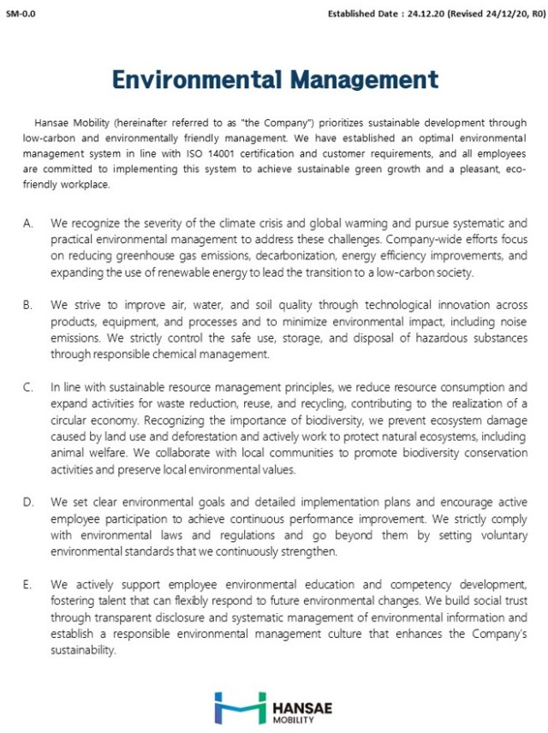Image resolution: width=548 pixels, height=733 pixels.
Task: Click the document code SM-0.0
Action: click(20, 14)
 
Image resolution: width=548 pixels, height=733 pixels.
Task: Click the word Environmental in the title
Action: click(197, 80)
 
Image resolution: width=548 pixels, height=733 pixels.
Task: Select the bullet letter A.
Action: click(28, 222)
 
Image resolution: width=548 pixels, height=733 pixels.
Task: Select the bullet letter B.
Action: click(28, 304)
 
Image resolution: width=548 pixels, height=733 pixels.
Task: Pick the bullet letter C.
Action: click(28, 386)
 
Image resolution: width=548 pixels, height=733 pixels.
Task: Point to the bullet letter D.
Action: click(28, 501)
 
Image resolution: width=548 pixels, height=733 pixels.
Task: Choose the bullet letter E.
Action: click(28, 584)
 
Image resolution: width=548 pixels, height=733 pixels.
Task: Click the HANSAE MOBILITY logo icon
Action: click(241, 707)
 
